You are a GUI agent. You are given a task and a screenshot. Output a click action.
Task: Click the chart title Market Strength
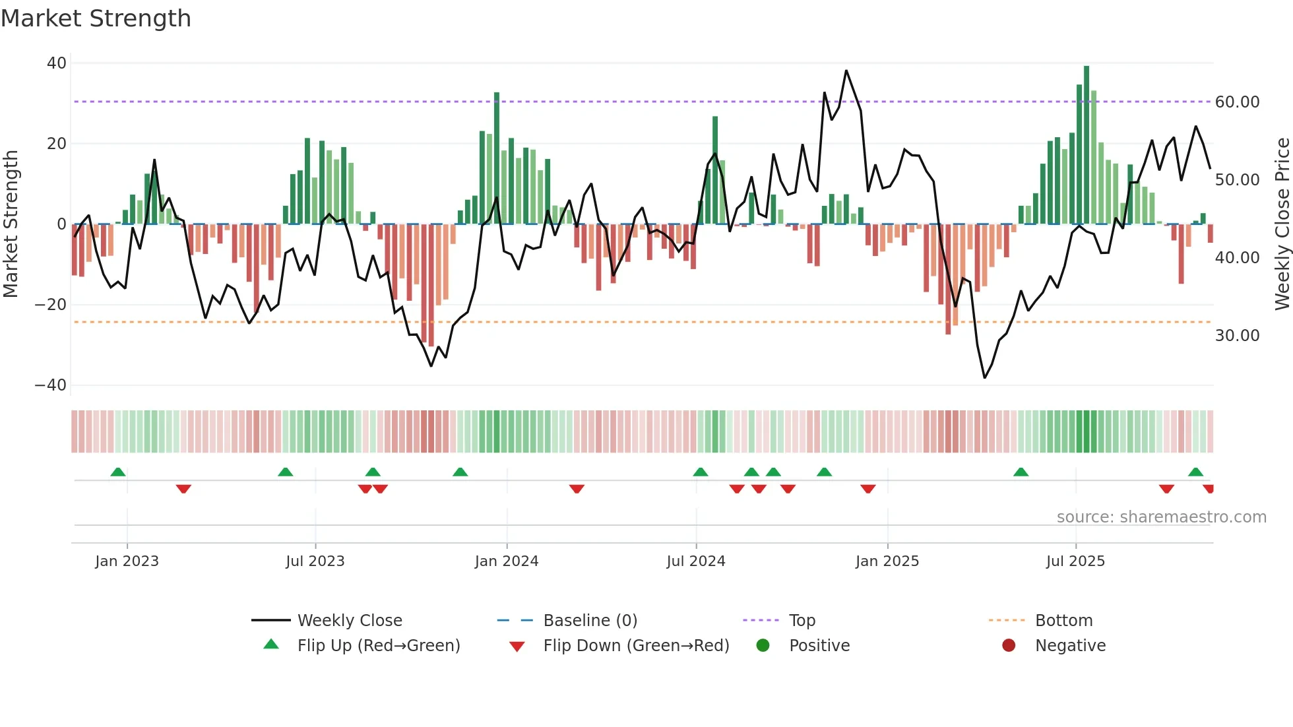(x=96, y=18)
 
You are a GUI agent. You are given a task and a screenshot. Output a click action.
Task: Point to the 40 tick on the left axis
(x=57, y=63)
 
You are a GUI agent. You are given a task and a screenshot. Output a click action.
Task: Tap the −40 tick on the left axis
(x=51, y=385)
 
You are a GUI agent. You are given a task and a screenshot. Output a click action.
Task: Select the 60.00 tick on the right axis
(x=1237, y=102)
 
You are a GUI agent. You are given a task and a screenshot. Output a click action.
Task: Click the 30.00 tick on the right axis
(x=1237, y=336)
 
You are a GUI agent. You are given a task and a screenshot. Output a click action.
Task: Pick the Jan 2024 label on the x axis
(x=506, y=561)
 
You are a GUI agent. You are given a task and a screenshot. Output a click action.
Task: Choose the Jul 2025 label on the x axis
(x=1075, y=561)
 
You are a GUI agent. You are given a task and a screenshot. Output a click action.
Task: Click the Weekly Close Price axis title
(x=1282, y=224)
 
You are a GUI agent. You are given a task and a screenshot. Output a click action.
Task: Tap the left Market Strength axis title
(x=11, y=224)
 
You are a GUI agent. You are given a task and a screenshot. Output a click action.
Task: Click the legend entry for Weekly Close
(x=349, y=621)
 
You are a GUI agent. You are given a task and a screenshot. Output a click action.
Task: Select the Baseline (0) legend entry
(x=590, y=621)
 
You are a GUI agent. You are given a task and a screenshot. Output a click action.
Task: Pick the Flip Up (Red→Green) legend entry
(x=378, y=646)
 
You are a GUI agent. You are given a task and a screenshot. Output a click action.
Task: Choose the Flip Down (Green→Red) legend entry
(x=636, y=646)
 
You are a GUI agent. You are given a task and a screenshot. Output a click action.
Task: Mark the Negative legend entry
(x=1069, y=646)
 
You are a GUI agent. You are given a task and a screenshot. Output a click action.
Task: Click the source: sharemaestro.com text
(x=1161, y=517)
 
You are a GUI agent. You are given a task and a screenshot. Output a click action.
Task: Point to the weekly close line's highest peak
(x=846, y=71)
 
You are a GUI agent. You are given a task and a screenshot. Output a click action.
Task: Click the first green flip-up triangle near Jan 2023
(x=118, y=472)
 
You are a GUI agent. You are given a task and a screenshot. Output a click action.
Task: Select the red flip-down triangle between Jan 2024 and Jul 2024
(x=577, y=489)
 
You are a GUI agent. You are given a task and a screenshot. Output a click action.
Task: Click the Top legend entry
(x=802, y=621)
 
